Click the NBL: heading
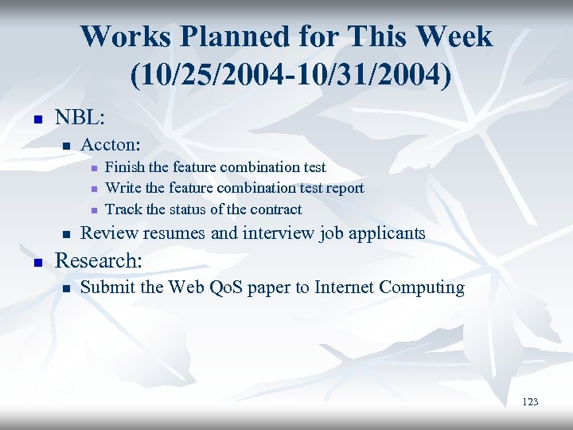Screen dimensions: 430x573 79,117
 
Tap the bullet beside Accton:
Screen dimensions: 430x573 67,146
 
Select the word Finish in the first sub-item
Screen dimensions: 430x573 123,167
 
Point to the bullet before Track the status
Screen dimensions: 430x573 93,210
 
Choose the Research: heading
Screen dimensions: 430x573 98,260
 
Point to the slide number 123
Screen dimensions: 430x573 530,402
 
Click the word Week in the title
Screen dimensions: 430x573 454,37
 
